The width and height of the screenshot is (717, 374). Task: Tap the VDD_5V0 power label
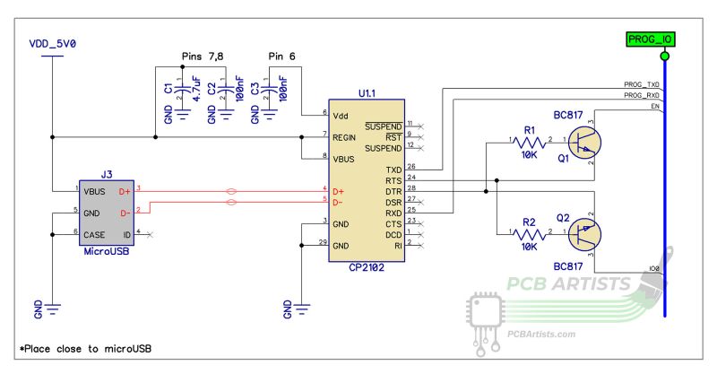tap(53, 42)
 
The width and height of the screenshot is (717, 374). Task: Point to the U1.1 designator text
tap(367, 93)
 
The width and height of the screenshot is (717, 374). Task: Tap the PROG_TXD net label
tap(642, 83)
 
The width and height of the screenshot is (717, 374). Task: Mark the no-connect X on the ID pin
tap(148, 234)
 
